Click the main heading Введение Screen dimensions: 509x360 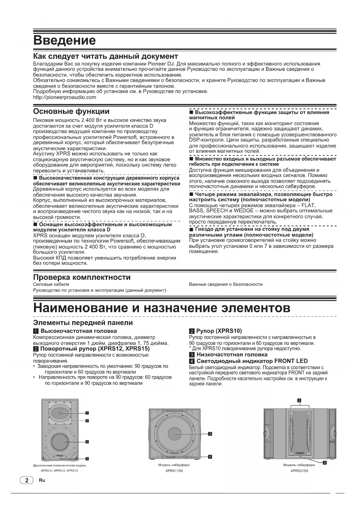pyautogui.click(x=64, y=40)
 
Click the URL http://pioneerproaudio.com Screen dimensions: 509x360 pyautogui.click(x=65, y=97)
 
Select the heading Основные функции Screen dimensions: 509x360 pyautogui.click(x=71, y=111)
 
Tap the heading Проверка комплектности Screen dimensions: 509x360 pyautogui.click(x=82, y=277)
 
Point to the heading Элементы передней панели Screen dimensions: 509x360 pyautogui.click(x=83, y=323)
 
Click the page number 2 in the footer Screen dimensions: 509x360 pyautogui.click(x=27, y=480)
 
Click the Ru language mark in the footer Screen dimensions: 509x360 pyautogui.click(x=42, y=480)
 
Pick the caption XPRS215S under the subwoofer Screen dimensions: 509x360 pyautogui.click(x=299, y=471)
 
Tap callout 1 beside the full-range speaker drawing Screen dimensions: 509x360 pyautogui.click(x=87, y=413)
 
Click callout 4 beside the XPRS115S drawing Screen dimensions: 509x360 pyautogui.click(x=210, y=457)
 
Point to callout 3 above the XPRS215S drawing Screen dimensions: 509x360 pyautogui.click(x=299, y=400)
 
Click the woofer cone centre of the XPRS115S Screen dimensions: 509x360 pyautogui.click(x=175, y=434)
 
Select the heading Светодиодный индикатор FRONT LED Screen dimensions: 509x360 pyautogui.click(x=252, y=361)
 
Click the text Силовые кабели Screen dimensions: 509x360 pyautogui.click(x=51, y=284)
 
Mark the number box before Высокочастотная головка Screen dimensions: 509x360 pyautogui.click(x=36, y=331)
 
